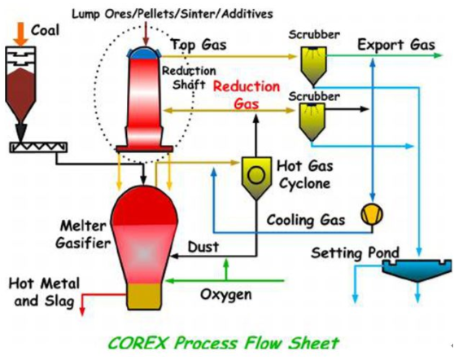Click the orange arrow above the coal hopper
(x=21, y=34)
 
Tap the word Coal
(x=45, y=30)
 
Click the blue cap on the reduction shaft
(x=144, y=53)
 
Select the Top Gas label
(x=199, y=46)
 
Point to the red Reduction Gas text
(x=247, y=95)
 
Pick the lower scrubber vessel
(x=312, y=122)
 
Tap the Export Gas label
(x=396, y=45)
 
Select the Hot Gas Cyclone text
(x=305, y=174)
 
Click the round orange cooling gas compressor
(x=372, y=214)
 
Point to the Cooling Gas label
(x=306, y=220)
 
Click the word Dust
(x=203, y=247)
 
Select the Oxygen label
(x=226, y=295)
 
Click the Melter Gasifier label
(x=83, y=235)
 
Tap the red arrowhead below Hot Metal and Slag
(x=82, y=311)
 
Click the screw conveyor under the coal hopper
(x=38, y=147)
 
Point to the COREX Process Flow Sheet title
(x=223, y=343)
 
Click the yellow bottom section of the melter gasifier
(x=144, y=296)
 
